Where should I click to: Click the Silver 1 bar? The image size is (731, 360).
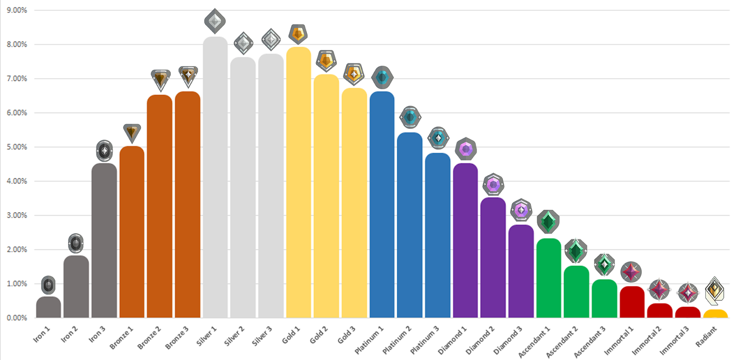coord(215,178)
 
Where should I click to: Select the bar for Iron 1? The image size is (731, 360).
coord(48,307)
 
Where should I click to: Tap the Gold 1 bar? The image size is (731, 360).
coord(299,182)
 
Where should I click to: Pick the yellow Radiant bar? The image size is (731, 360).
coord(715,314)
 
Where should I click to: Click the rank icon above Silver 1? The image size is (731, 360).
coord(215,21)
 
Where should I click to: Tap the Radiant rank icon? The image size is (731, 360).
coord(715,290)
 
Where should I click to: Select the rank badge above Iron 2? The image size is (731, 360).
coord(76,243)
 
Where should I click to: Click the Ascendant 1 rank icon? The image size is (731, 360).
coord(548,222)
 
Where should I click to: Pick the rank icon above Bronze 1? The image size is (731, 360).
coord(132,133)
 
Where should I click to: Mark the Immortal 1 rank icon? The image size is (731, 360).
coord(631,272)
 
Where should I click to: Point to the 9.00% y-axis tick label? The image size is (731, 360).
coord(17,10)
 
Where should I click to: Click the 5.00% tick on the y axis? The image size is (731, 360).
coord(17,147)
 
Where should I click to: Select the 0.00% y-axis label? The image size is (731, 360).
coord(17,318)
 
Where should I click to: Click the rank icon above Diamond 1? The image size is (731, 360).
coord(465,149)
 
